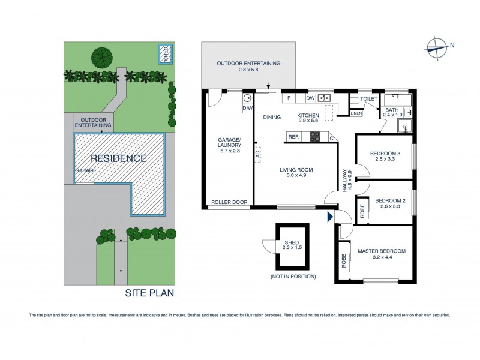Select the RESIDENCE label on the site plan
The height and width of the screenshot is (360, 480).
click(x=119, y=158)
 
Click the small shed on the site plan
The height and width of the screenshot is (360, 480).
click(x=166, y=53)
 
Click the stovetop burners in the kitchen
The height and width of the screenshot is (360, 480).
click(x=315, y=137)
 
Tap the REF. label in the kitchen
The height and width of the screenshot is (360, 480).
click(x=293, y=137)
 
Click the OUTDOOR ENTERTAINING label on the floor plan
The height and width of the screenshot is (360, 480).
click(x=248, y=67)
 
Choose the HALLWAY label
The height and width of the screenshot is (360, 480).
click(x=345, y=179)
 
